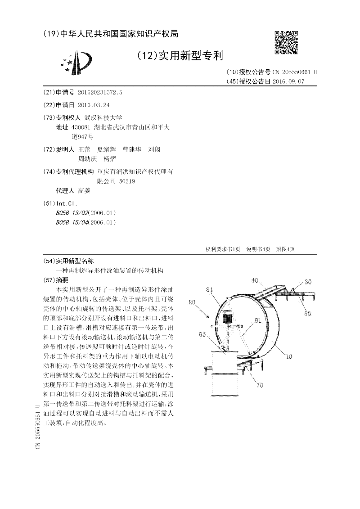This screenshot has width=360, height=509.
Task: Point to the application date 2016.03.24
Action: tap(94, 105)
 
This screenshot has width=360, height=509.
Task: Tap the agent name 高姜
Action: tap(84, 190)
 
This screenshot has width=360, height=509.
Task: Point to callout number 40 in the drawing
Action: tap(255, 280)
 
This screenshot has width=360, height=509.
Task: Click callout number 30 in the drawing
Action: tap(308, 282)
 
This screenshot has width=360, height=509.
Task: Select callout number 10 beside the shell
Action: tap(289, 356)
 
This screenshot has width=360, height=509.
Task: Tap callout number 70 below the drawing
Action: tap(260, 385)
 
